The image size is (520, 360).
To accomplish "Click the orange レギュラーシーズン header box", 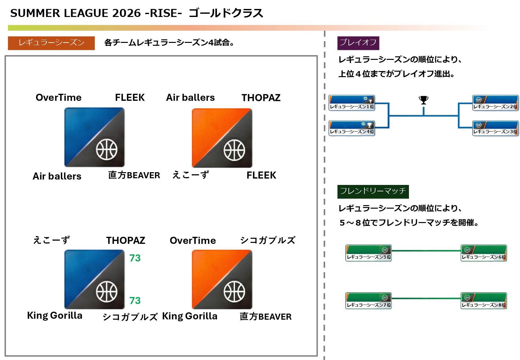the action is [51, 43].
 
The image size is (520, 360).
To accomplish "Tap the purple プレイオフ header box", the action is [358, 43].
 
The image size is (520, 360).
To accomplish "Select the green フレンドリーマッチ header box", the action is [373, 191].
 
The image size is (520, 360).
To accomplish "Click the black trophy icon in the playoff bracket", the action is [423, 100].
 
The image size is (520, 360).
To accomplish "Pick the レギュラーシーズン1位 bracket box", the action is [352, 103].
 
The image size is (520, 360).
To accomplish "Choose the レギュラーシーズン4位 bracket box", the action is [352, 128].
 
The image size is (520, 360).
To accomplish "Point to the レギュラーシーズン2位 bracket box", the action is [495, 103].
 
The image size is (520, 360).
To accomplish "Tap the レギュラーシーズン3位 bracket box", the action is [495, 128].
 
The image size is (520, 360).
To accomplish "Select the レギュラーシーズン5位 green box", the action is [368, 253].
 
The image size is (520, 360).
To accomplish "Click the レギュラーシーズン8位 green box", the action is [484, 301].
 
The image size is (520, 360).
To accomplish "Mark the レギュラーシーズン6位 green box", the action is [484, 253].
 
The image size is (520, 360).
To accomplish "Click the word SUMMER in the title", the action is [35, 13].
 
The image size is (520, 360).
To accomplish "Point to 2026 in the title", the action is [126, 13].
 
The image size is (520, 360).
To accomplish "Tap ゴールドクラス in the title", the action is [226, 13].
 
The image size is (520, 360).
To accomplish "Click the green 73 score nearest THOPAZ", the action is [135, 258].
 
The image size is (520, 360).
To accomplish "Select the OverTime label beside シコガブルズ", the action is [193, 240].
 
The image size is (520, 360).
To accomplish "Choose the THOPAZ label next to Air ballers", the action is [261, 98].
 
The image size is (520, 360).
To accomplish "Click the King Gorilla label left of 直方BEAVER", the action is [190, 316].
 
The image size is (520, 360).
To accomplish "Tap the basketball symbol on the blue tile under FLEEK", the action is [107, 149].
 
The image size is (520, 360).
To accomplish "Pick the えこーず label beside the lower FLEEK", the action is [191, 175].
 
